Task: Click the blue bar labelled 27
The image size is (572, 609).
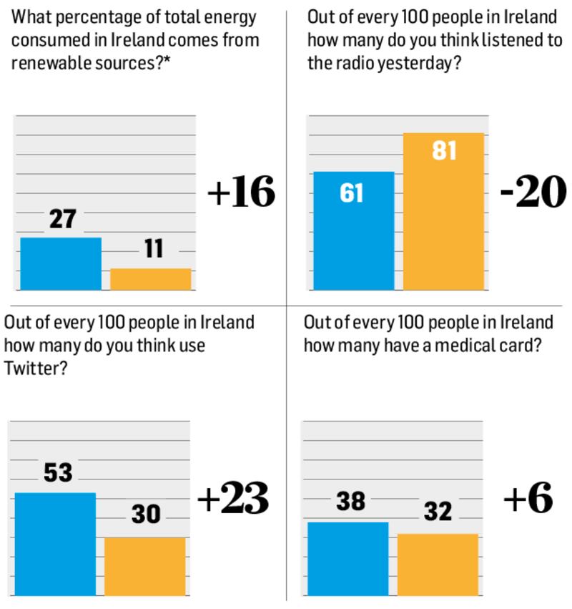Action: tap(61, 263)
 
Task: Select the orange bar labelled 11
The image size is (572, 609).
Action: tap(150, 279)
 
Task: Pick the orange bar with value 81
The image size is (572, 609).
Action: tap(443, 211)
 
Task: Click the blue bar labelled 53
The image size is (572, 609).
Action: tap(55, 544)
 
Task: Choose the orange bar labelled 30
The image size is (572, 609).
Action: tap(145, 566)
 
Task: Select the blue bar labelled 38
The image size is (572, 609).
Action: tap(348, 558)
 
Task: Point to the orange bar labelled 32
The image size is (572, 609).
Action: tap(438, 564)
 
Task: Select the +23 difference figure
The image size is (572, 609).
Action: tap(232, 499)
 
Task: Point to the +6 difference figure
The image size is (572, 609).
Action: tap(528, 499)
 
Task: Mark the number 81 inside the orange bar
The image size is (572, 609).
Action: tap(444, 152)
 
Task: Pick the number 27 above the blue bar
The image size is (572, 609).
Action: tap(62, 219)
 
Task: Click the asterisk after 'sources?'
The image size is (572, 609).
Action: tap(186, 60)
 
